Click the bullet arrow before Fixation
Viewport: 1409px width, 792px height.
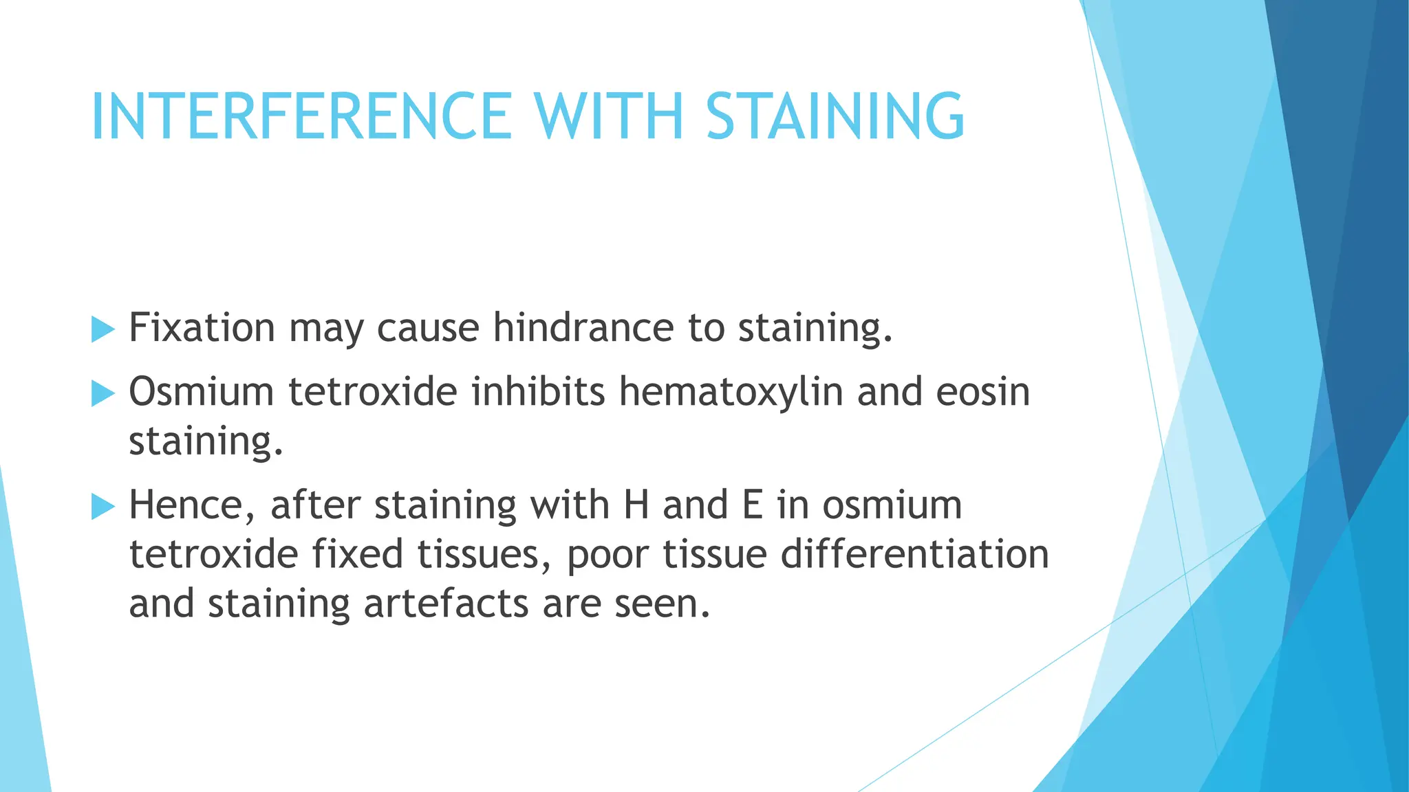[x=103, y=330]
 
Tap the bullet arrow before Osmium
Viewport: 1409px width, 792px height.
[x=103, y=394]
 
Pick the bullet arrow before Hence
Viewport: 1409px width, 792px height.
[x=103, y=507]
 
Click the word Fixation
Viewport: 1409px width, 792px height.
[x=202, y=327]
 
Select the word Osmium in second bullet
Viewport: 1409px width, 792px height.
[x=202, y=392]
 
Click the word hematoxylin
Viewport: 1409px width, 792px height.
[x=731, y=392]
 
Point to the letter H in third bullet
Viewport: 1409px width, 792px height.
[x=636, y=505]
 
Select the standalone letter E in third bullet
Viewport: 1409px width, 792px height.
[x=753, y=505]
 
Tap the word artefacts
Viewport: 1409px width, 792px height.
[x=446, y=604]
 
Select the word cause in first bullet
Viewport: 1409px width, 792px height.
[x=428, y=327]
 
